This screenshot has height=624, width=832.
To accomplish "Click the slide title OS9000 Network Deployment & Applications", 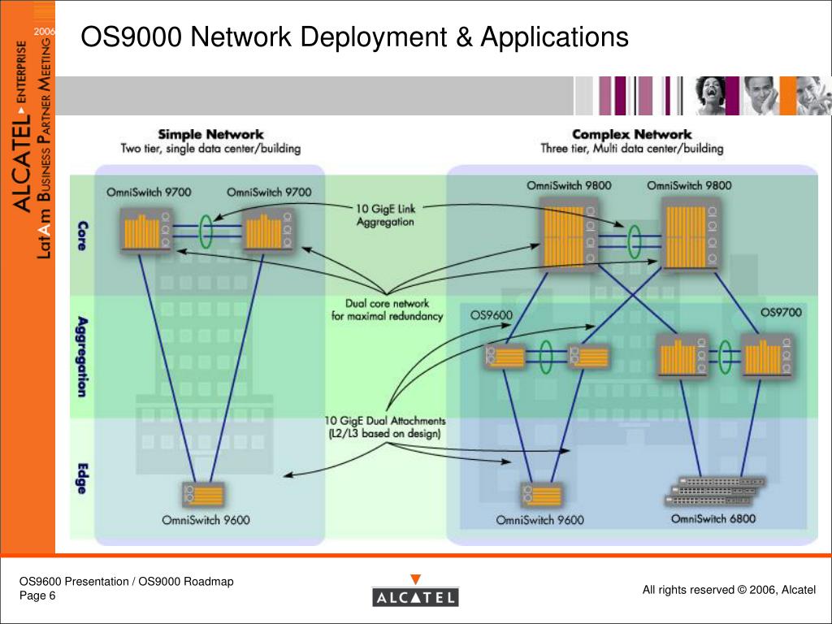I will (x=354, y=37).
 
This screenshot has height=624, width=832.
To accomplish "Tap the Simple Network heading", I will (x=210, y=134).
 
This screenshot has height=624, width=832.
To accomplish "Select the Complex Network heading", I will (x=631, y=134).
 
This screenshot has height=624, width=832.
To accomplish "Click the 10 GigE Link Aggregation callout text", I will (x=385, y=215).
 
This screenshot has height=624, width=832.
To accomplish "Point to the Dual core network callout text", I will (x=387, y=310).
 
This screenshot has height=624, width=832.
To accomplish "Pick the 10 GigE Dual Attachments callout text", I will (x=385, y=427).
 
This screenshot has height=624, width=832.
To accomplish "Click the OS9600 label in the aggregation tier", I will (x=492, y=314).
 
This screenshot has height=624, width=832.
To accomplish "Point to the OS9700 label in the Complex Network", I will (x=781, y=312).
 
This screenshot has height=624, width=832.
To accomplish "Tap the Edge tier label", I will (x=83, y=479).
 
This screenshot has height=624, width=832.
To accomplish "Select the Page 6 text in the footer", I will (x=38, y=596).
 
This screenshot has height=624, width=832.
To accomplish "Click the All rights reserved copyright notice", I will (x=728, y=590).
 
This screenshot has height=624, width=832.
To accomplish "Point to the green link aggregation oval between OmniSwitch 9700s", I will (x=206, y=230).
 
